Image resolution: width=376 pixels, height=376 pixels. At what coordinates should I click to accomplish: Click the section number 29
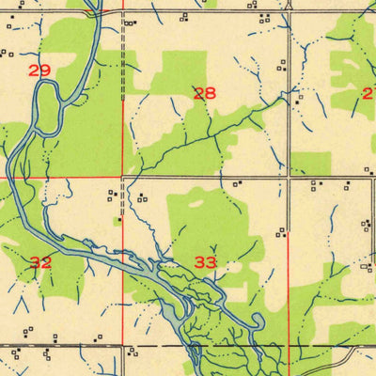pos(39,70)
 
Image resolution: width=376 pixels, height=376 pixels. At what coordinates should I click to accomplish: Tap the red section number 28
pos(204,93)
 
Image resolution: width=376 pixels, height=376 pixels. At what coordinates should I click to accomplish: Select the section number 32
pos(40,262)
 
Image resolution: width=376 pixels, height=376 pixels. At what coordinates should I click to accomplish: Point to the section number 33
pos(206,262)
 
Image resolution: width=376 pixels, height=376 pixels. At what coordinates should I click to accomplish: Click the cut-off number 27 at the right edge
pos(368,93)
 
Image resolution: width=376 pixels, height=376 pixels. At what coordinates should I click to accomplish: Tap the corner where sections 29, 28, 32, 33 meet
pos(123,176)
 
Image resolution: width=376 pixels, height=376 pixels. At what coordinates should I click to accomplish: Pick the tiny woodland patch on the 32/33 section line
pos(118,222)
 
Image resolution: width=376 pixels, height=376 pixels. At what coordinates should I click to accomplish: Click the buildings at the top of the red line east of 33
pos(280,232)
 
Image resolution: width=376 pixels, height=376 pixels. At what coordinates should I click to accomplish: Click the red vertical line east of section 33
pos(288,282)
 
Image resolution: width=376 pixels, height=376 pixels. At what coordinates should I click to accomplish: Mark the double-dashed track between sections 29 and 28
pos(124,56)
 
